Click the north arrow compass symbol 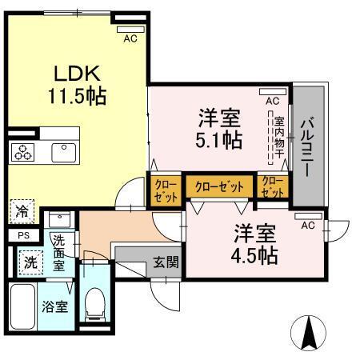coord(308,333)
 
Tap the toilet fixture coord(94,305)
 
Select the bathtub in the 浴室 coord(22,306)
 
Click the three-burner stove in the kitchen coord(22,152)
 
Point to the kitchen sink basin coord(64,153)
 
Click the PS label coord(24,236)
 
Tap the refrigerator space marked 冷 coord(22,211)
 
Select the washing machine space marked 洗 coord(30,263)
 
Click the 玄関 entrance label coord(166,262)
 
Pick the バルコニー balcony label coord(307,147)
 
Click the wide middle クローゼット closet coord(219,186)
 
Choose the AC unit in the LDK coord(130,30)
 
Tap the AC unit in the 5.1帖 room coord(273,92)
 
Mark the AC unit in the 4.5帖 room coord(308,216)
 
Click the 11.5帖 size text coord(78,96)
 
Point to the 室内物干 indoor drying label coord(279,137)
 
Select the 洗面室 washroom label coord(58,253)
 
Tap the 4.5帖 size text coord(254,255)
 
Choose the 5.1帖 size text coord(219,140)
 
